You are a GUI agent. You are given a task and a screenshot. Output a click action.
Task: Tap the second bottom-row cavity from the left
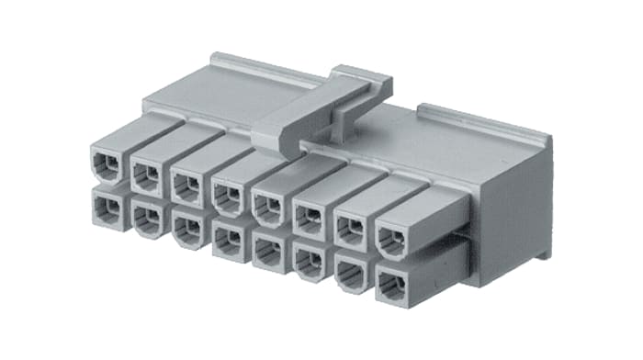(147, 217)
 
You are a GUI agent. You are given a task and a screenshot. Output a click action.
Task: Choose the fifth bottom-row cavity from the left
(267, 249)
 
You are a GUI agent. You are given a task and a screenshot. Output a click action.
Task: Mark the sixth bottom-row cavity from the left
(309, 260)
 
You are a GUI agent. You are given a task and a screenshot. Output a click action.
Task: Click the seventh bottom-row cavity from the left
(350, 272)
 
